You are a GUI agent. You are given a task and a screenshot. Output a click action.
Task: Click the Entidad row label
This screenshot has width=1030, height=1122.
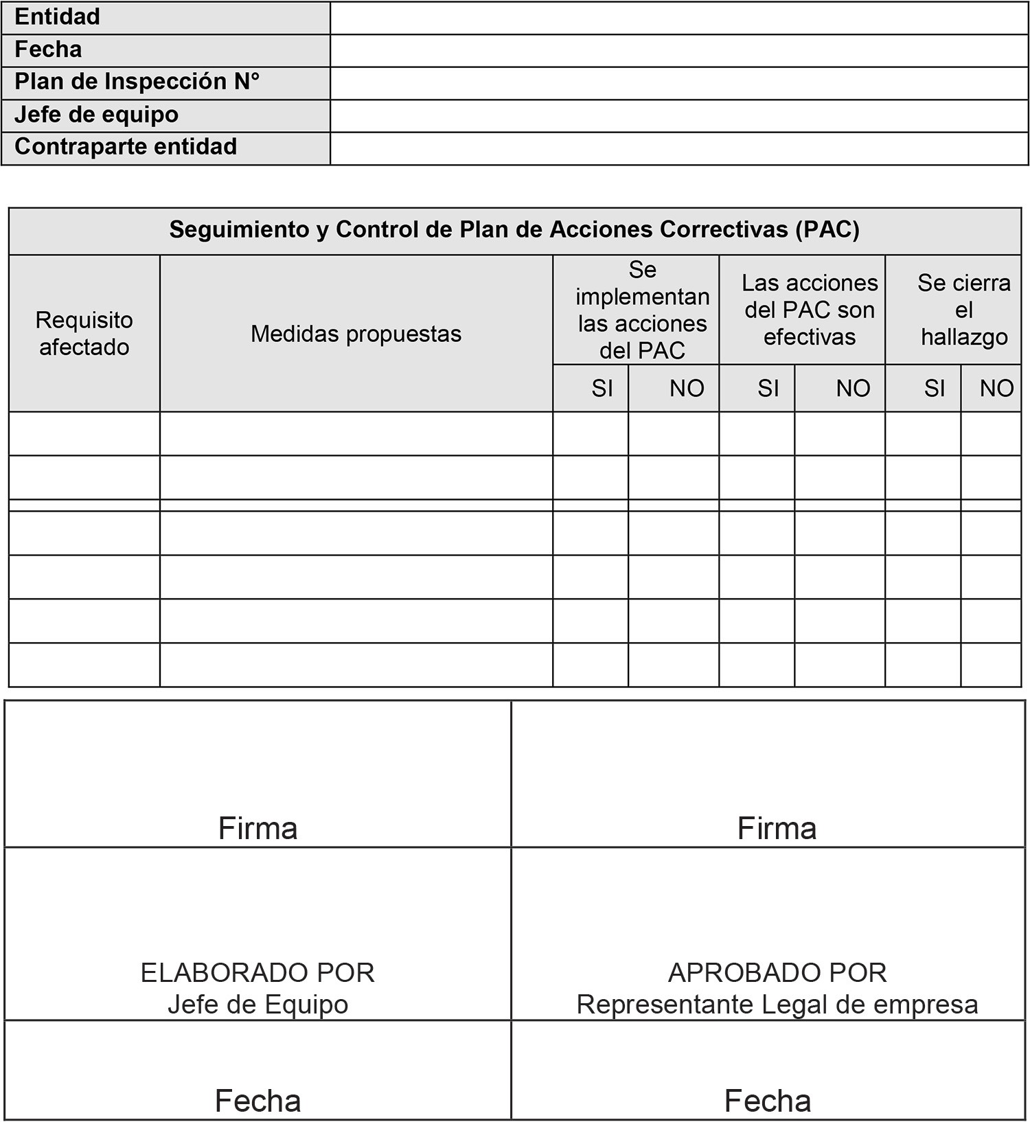click(x=58, y=17)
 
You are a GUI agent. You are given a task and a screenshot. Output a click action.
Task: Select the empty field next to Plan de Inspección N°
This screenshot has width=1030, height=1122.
click(x=678, y=83)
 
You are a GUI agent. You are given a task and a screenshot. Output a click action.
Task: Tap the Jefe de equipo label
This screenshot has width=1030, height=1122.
click(x=97, y=115)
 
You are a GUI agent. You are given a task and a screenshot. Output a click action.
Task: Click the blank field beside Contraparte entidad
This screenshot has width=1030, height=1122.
click(x=678, y=148)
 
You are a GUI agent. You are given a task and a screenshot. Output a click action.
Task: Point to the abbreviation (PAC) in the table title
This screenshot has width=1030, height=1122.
click(x=827, y=229)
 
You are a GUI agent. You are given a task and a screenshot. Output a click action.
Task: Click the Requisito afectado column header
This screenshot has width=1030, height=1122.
click(x=84, y=334)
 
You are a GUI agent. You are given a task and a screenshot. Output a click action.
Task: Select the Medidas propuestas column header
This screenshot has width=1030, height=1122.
click(x=356, y=334)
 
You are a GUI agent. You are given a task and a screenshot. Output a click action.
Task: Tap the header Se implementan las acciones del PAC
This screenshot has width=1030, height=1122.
click(x=642, y=310)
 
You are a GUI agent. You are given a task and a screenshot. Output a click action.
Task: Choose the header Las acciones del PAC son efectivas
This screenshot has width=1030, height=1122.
click(x=810, y=310)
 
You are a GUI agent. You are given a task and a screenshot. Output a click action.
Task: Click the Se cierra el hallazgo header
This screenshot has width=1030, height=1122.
click(x=963, y=310)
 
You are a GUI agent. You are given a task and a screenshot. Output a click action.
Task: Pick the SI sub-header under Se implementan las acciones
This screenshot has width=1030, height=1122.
click(x=602, y=389)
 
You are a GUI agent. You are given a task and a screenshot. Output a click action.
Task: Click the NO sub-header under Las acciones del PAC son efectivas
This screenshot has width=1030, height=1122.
click(x=853, y=389)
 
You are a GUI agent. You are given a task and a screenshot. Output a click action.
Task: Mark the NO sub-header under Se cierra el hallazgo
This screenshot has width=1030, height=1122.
click(x=996, y=389)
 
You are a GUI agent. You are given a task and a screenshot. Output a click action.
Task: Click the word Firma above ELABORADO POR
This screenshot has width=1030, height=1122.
click(x=257, y=828)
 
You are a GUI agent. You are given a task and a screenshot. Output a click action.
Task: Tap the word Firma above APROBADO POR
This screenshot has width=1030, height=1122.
click(x=777, y=828)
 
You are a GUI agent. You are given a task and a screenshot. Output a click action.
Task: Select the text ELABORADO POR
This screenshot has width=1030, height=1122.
click(x=257, y=973)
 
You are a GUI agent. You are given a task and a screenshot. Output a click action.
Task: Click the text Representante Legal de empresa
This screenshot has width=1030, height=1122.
click(x=777, y=1005)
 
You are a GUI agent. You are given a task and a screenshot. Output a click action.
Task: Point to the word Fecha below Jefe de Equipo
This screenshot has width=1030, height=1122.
click(x=257, y=1101)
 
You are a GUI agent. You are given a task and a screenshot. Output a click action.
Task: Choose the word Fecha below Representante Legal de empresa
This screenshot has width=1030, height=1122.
click(x=768, y=1101)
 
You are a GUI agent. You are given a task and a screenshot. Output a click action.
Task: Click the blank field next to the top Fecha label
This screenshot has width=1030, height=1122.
click(x=678, y=51)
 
